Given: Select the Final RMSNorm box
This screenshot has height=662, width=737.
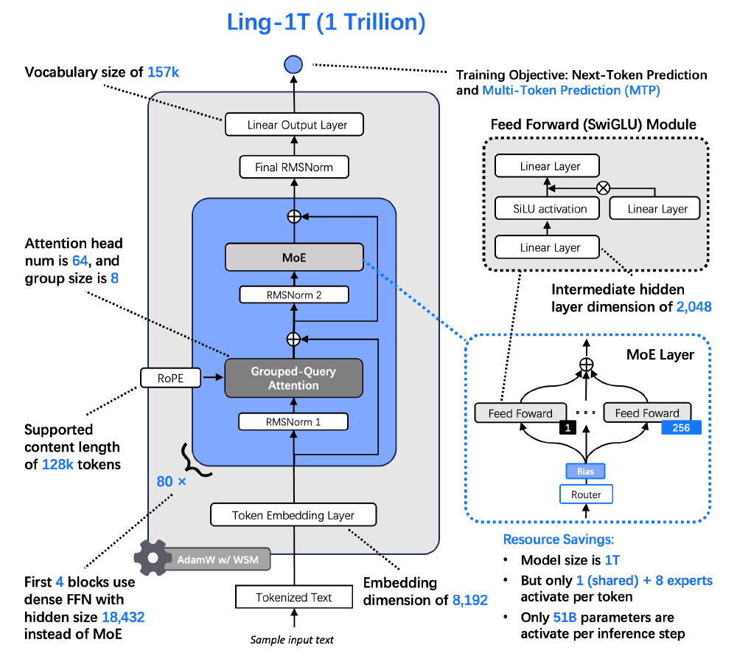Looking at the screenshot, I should [293, 167].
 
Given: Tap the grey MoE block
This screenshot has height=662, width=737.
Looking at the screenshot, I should [293, 258].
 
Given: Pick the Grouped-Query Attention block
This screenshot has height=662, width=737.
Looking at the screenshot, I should [293, 377].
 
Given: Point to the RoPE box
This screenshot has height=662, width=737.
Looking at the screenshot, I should [170, 377].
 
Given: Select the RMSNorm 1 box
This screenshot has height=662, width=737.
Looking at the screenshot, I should [293, 421].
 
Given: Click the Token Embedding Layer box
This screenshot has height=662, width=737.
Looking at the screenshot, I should [293, 515].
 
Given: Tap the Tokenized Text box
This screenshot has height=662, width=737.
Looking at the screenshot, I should [293, 597].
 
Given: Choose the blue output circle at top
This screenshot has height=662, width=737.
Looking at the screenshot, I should [293, 65].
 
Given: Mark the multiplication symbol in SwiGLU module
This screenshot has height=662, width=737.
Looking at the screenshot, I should [603, 187].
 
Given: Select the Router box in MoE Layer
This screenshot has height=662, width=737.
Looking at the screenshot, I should [586, 494].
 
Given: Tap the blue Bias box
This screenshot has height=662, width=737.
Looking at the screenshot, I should [586, 471].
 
